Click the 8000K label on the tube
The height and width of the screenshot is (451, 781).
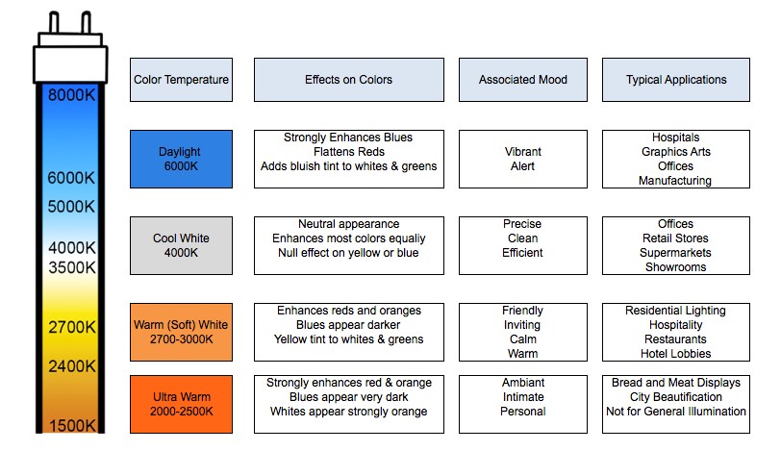(71, 94)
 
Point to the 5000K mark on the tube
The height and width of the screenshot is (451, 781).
(71, 206)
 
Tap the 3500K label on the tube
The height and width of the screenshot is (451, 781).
(72, 267)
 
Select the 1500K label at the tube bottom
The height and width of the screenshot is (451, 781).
(72, 426)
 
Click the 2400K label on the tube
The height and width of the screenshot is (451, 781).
(72, 366)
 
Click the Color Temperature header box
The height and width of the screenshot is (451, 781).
(181, 80)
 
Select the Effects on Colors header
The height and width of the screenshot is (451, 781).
(348, 80)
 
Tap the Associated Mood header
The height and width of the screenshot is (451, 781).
(523, 80)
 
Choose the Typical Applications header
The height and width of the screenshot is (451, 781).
(676, 80)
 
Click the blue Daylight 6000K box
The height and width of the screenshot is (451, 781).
(181, 160)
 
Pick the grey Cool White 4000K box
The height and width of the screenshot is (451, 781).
(181, 245)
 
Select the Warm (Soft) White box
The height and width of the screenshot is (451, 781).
(181, 332)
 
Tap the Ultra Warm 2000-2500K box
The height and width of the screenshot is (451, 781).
(181, 404)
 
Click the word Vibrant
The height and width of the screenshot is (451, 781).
(523, 152)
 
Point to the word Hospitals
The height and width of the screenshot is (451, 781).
(676, 138)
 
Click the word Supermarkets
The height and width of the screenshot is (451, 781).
(675, 253)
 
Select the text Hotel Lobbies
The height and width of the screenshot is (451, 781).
(676, 354)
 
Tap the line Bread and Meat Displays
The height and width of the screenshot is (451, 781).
(676, 383)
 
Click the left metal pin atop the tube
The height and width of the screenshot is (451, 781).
(54, 22)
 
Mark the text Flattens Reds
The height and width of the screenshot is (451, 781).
(348, 152)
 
